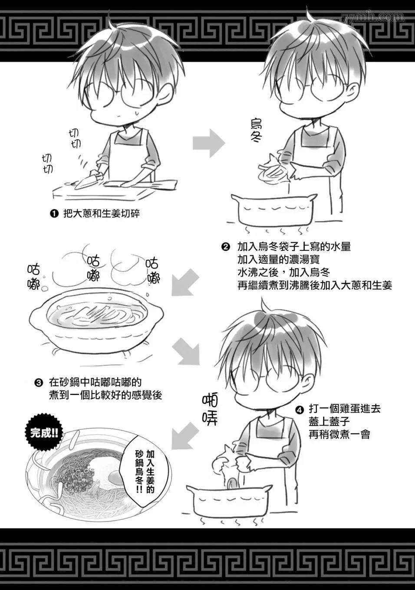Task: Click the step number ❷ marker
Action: point(225,247)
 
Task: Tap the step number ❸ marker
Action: point(39,383)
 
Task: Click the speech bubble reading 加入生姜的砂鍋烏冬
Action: point(145,471)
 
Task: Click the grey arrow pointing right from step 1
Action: point(208,143)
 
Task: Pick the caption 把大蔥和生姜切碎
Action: point(102,213)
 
